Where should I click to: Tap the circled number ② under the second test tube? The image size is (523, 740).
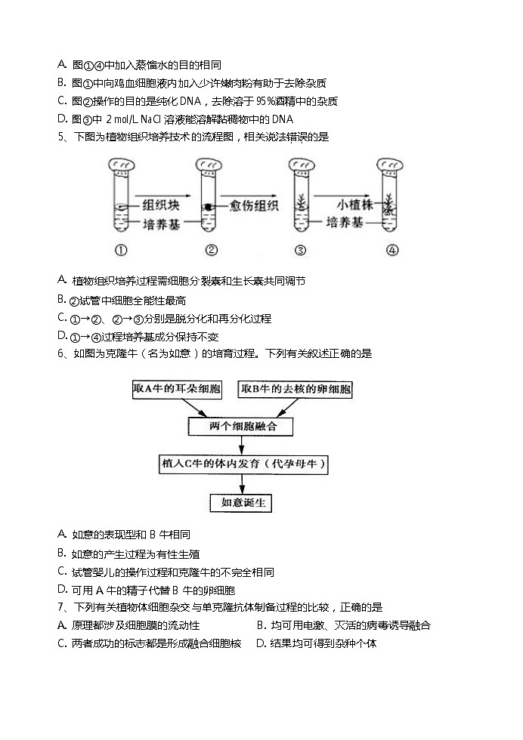coord(212,251)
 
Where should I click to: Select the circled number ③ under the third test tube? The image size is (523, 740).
coord(301,251)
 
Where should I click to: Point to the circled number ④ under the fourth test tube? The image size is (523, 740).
coord(391,251)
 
